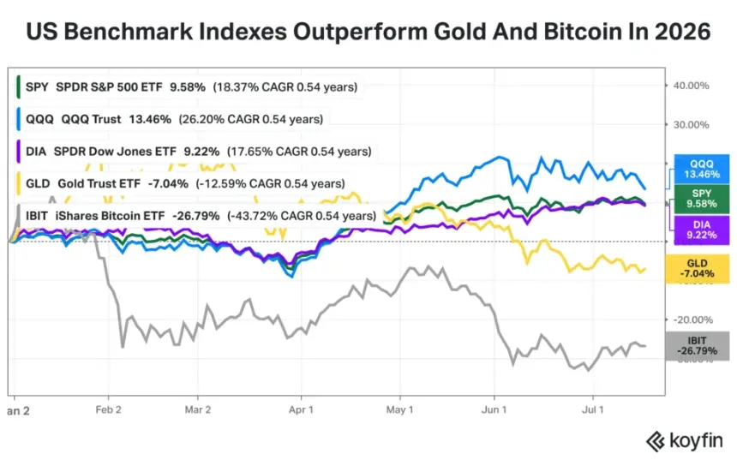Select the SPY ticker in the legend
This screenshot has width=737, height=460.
[x=37, y=87]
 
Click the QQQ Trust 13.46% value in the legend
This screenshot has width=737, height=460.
[x=150, y=119]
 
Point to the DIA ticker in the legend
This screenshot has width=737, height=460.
[x=36, y=152]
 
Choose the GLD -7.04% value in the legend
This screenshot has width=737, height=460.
[x=168, y=183]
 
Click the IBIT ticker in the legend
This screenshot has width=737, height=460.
[x=37, y=216]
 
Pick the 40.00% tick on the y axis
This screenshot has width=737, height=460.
[x=691, y=86]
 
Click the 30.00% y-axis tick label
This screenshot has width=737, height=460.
[x=691, y=124]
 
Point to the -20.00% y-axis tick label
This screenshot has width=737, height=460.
[x=693, y=320]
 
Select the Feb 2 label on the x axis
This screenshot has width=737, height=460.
[x=108, y=409]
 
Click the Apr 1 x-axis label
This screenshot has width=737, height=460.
[x=301, y=409]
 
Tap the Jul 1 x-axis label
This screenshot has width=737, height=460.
[x=593, y=409]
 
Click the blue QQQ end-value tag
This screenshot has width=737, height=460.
[x=702, y=169]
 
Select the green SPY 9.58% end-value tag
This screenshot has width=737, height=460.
[x=702, y=199]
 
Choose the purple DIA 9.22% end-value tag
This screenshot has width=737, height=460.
[x=702, y=230]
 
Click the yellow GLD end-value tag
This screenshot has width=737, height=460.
[x=697, y=269]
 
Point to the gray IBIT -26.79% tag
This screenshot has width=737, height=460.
[x=697, y=346]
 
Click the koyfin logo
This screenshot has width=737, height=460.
[x=685, y=441]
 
